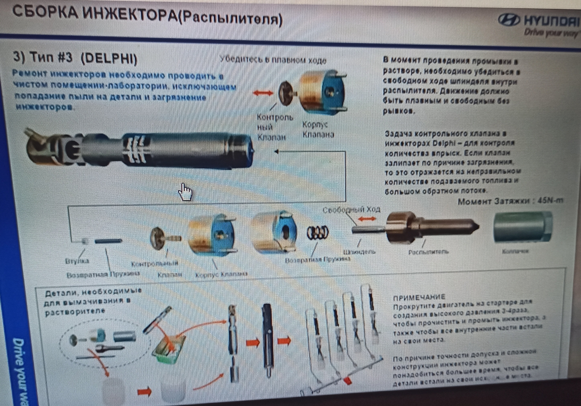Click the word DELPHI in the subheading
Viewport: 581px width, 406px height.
(x=110, y=58)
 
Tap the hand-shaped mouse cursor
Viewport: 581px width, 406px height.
(x=185, y=192)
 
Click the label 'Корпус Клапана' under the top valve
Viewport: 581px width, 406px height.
(x=318, y=130)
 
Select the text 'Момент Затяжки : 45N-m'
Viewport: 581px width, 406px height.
(x=510, y=201)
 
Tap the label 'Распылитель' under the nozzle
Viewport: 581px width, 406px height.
(x=428, y=252)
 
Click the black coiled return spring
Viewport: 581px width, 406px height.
(x=317, y=233)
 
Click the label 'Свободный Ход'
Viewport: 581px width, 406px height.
(x=351, y=210)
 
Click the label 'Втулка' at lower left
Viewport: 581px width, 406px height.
(x=77, y=261)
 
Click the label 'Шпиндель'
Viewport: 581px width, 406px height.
(x=359, y=252)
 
